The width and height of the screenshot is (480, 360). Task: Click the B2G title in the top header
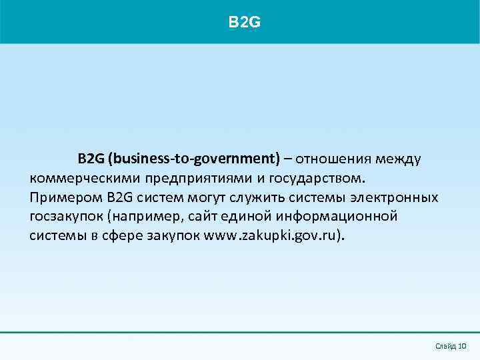tap(244, 23)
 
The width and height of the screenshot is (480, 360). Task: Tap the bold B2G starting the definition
tap(91, 159)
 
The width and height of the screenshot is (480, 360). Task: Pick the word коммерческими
tap(73, 179)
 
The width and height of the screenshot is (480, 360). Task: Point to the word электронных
tap(399, 198)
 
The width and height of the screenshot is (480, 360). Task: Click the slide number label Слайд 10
tap(450, 346)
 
